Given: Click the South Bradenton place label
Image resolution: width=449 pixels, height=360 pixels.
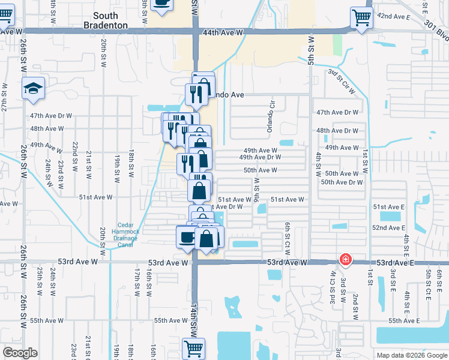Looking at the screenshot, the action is pyautogui.click(x=110, y=20).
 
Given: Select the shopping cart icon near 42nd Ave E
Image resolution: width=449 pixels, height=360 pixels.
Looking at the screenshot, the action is pyautogui.click(x=361, y=17).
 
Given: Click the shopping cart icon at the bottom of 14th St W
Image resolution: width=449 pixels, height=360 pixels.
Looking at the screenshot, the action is pyautogui.click(x=193, y=348).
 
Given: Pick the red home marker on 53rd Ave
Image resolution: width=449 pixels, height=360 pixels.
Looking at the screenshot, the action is pyautogui.click(x=346, y=259).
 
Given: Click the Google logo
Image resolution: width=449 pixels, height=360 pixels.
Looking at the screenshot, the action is pyautogui.click(x=20, y=353).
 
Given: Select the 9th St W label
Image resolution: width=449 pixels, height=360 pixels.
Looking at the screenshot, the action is pyautogui.click(x=256, y=189).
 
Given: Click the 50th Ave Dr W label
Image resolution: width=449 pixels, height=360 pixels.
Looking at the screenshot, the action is pyautogui.click(x=342, y=182).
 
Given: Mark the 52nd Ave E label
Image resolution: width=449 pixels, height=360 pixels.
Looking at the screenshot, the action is pyautogui.click(x=389, y=228).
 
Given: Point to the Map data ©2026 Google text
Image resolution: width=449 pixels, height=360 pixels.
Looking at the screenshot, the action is pyautogui.click(x=412, y=355).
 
